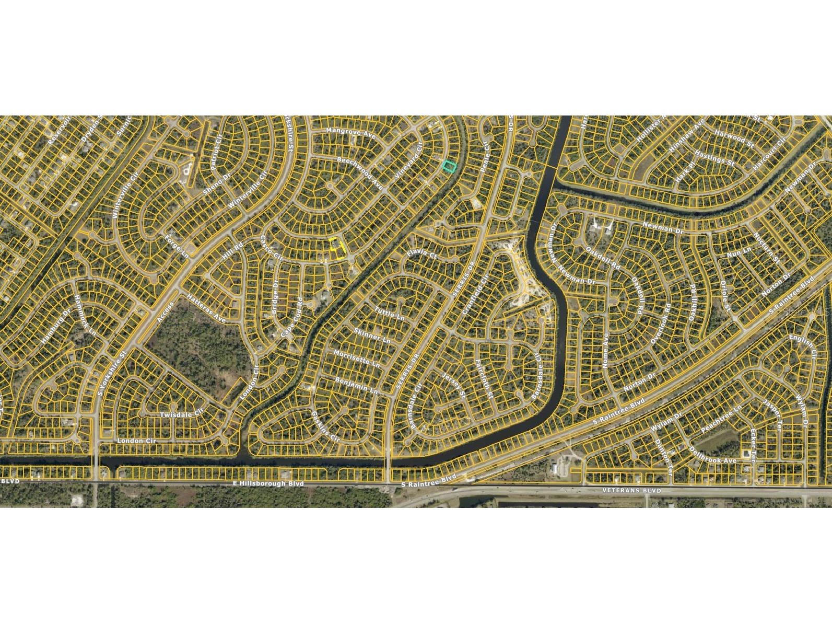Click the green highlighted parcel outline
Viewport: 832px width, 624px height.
(449, 166)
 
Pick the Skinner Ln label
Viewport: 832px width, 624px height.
(372, 336)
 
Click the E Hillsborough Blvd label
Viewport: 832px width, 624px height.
(268, 484)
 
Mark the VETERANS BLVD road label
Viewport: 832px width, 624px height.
(631, 491)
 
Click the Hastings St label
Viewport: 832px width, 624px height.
(714, 159)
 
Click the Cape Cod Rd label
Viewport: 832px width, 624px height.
(294, 317)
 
